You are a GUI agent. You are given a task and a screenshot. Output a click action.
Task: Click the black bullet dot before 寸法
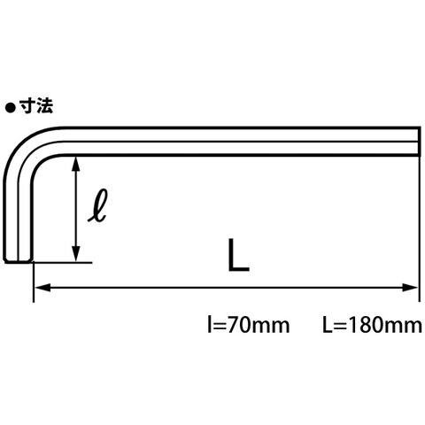(10, 107)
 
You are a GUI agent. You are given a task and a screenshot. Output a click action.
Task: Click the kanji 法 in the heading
(44, 106)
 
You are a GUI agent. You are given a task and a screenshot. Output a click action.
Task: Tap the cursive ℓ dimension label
(97, 205)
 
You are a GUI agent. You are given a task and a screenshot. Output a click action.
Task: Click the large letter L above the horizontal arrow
(238, 255)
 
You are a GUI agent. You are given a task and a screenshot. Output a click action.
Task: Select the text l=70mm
(249, 325)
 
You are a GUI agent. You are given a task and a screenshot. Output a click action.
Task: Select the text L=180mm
(372, 325)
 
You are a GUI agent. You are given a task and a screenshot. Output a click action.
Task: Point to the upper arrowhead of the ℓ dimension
(76, 164)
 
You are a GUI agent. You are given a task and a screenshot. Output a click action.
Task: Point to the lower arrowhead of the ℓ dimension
(76, 254)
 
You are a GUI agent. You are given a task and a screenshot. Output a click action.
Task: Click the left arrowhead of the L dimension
(42, 288)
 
